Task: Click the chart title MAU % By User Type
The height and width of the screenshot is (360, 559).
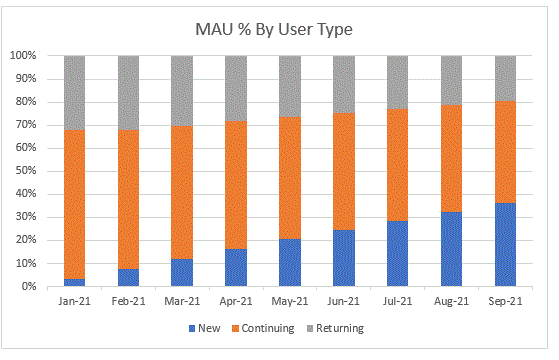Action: (274, 29)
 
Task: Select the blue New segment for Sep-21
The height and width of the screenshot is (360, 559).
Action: (505, 245)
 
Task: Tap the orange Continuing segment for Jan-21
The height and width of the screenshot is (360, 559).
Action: (75, 204)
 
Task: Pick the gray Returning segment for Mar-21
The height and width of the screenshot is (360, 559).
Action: (182, 91)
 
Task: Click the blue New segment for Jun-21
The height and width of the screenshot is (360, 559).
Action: (344, 258)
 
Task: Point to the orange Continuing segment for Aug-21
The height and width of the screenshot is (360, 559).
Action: (451, 158)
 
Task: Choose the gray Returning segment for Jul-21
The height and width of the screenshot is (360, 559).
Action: (398, 82)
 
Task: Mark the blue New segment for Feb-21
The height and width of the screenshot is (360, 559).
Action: (128, 278)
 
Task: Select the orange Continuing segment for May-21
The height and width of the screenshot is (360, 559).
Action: (290, 178)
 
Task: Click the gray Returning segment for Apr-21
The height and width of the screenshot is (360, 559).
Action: (236, 88)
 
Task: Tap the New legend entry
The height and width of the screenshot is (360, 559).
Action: (205, 328)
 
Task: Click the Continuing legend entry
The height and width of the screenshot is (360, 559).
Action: (263, 328)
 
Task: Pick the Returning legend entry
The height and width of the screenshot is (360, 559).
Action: (335, 328)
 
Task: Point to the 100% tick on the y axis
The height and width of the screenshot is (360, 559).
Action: (23, 56)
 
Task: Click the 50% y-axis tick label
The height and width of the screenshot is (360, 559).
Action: (26, 171)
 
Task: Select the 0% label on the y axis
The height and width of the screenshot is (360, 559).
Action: (29, 287)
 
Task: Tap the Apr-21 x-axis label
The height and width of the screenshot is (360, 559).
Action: (236, 302)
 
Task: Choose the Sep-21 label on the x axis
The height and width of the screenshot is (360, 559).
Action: (505, 302)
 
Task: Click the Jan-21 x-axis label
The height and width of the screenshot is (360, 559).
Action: (75, 302)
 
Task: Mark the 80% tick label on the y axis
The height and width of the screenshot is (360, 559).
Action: (26, 102)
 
